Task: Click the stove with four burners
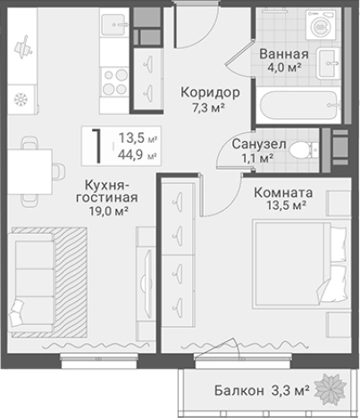[115, 83]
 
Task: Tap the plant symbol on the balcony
[335, 389]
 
